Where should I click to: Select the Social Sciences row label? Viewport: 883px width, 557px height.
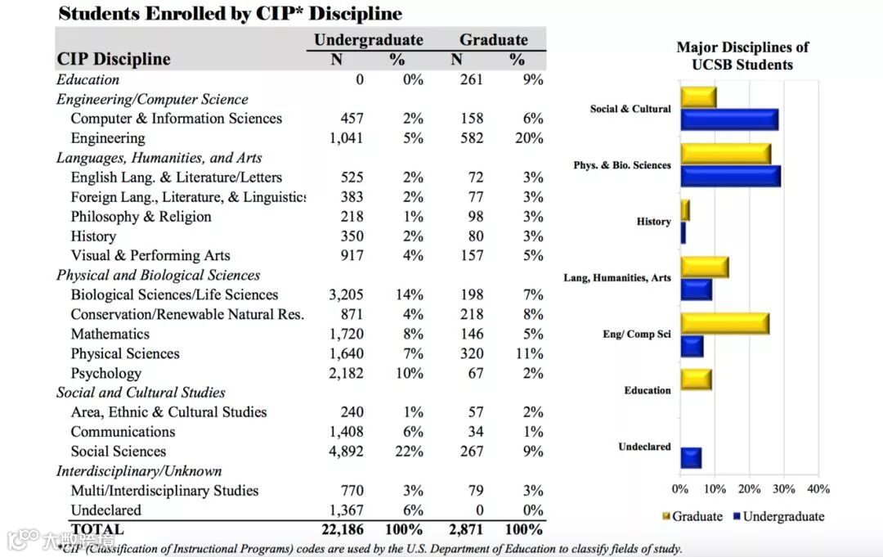[118, 451]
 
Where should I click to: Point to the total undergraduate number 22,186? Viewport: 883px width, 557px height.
[343, 529]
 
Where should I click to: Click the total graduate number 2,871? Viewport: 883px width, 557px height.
[467, 529]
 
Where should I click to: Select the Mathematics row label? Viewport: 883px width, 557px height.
[110, 334]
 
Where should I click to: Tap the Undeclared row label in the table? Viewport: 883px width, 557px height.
[105, 510]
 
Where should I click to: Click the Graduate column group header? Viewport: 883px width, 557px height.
[493, 39]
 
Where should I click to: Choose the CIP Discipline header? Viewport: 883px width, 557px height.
[114, 59]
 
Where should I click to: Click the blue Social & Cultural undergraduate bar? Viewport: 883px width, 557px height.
[728, 119]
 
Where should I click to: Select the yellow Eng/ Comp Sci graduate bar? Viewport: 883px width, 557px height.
[724, 324]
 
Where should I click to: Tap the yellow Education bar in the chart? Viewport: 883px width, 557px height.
[696, 380]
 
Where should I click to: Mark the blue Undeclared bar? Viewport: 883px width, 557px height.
[691, 457]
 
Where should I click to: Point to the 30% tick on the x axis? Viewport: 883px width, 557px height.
[783, 489]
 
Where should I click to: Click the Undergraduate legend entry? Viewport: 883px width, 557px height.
[778, 516]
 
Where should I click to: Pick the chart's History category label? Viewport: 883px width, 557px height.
[653, 222]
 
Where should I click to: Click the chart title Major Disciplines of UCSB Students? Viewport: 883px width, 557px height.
[742, 56]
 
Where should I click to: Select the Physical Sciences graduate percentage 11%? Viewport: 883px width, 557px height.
[529, 353]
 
